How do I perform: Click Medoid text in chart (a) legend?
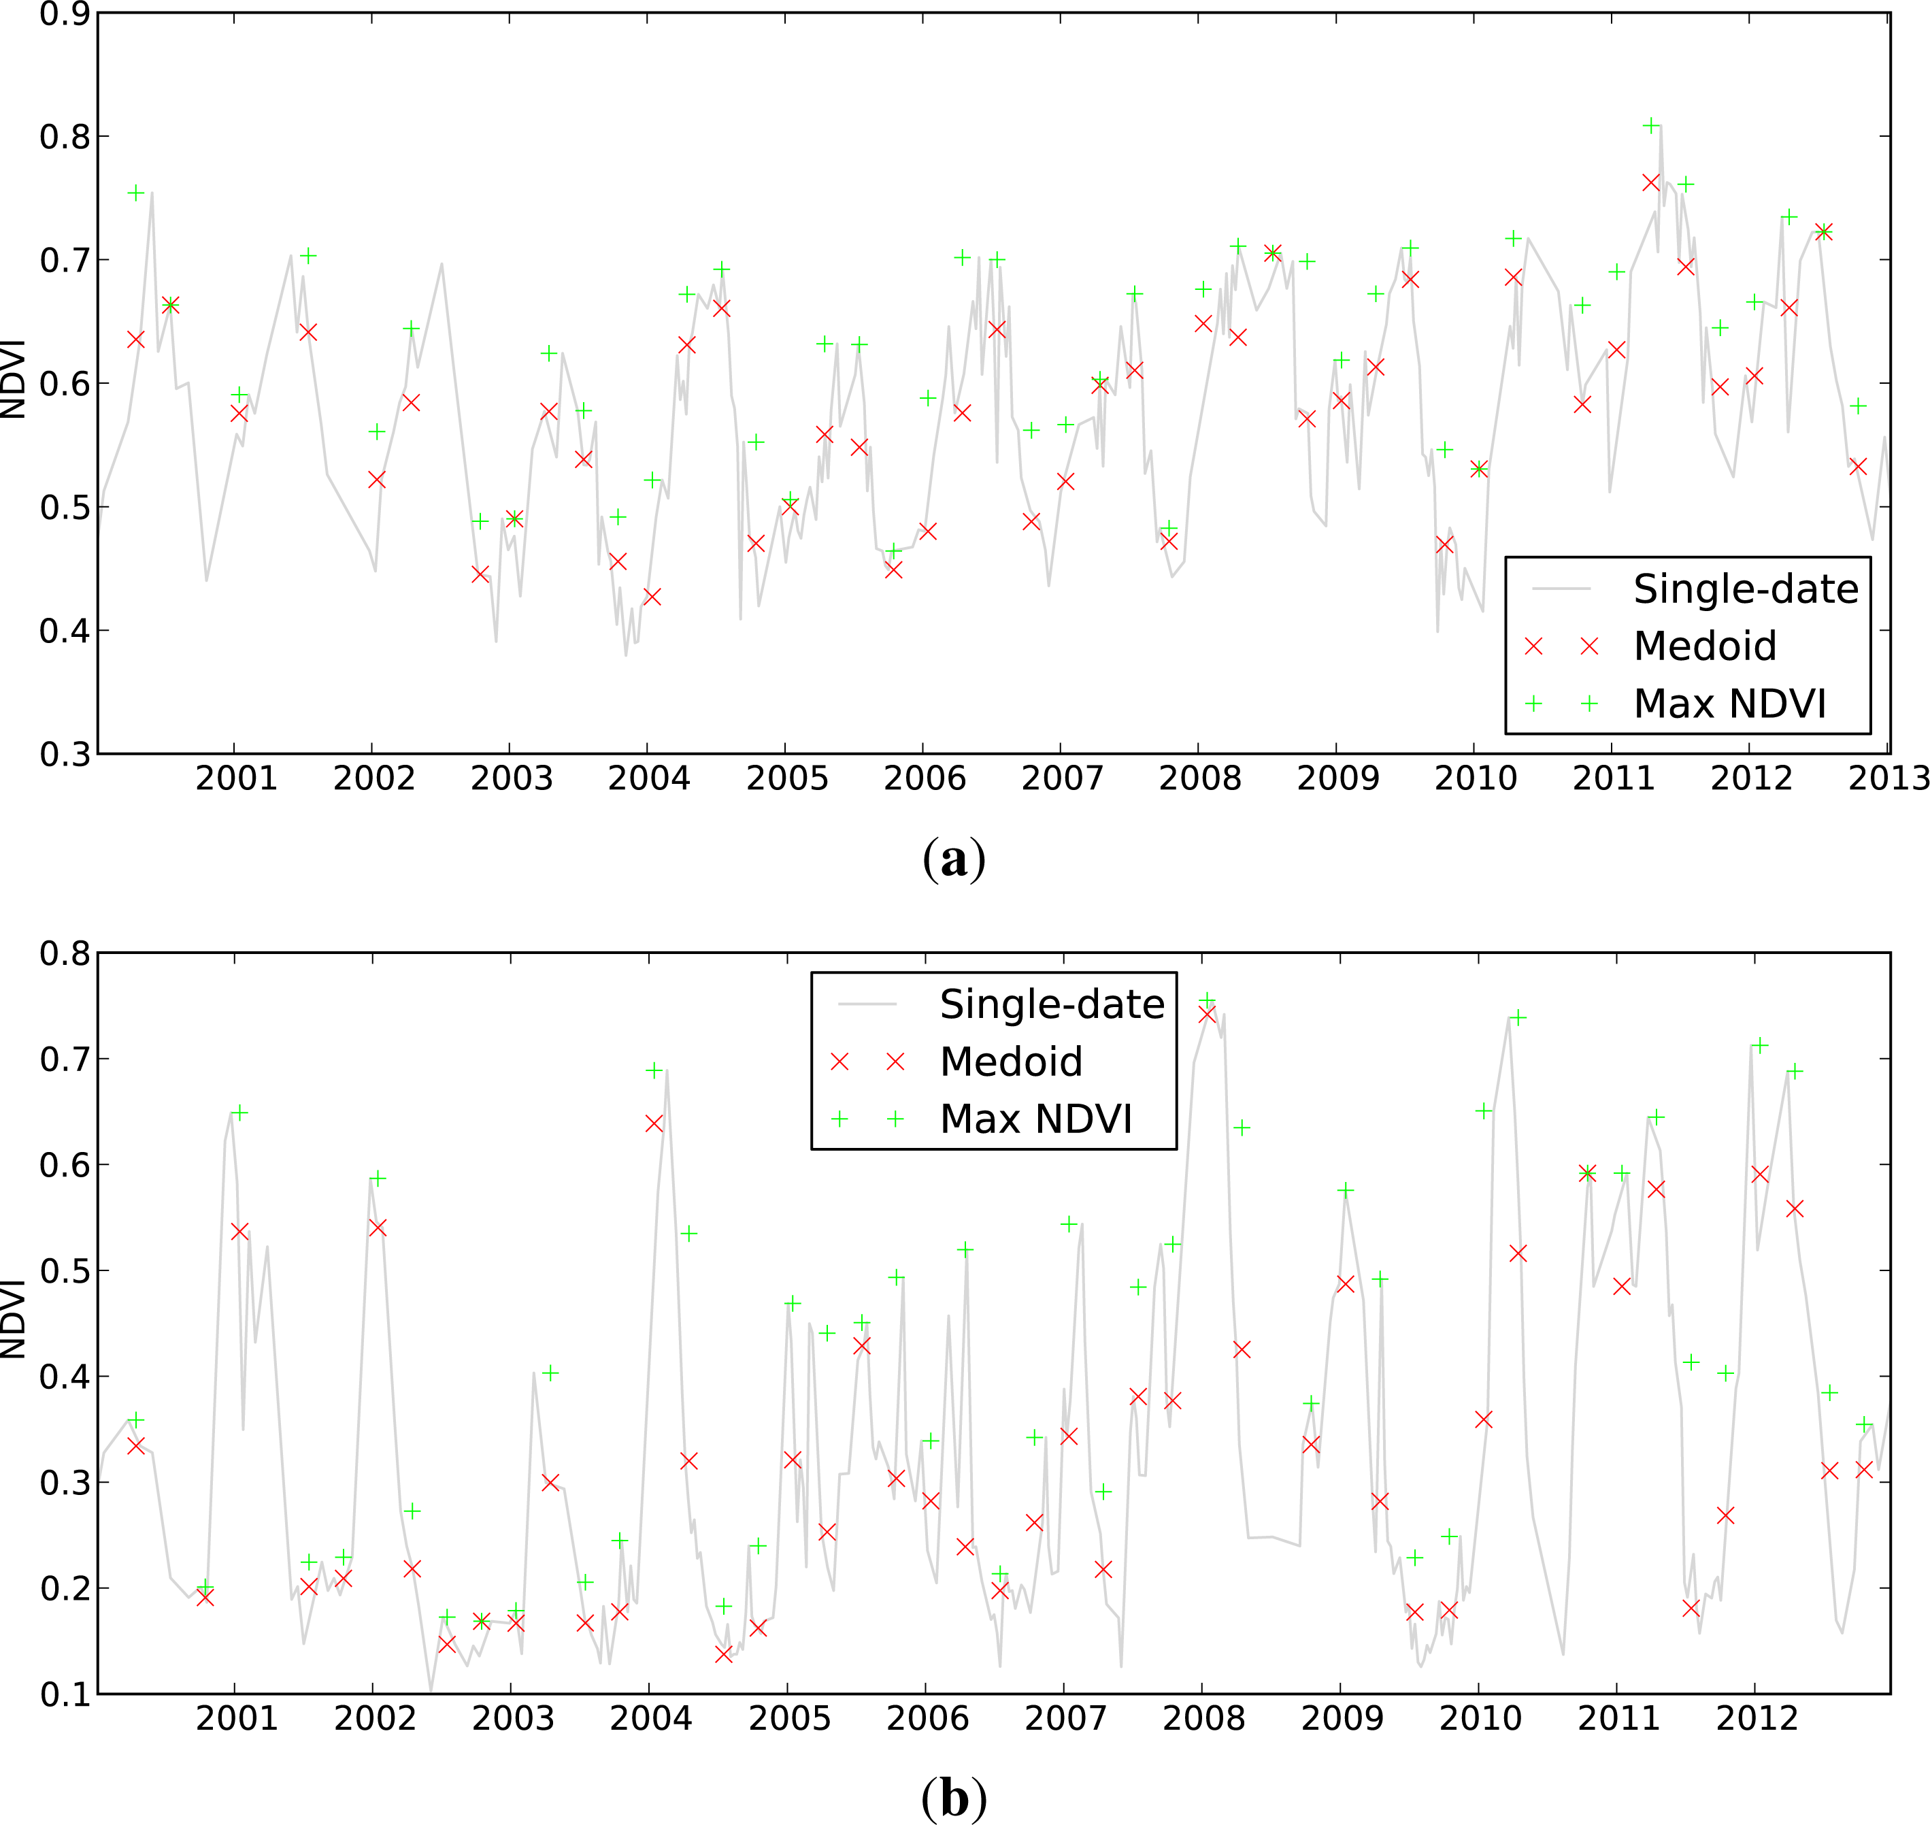coord(1704,646)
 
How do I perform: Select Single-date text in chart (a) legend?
coord(1745,589)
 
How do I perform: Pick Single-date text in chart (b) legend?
coord(1052,1004)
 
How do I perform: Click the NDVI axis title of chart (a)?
coord(14,380)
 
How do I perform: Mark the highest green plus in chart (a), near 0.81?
coord(1651,125)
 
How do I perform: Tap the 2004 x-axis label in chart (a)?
coord(649,778)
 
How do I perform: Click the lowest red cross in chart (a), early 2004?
coord(652,596)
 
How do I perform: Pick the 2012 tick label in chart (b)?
coord(1755,1718)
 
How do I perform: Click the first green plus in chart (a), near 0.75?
coord(136,193)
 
